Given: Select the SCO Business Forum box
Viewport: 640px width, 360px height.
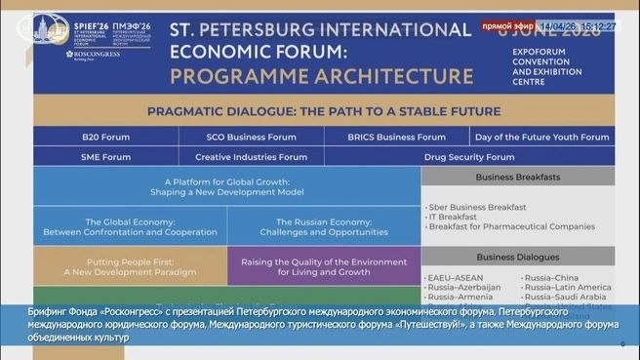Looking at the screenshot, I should click(x=252, y=137).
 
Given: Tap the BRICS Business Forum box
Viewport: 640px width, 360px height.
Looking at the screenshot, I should click(x=396, y=137).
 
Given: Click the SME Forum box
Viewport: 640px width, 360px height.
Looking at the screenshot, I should click(x=106, y=156).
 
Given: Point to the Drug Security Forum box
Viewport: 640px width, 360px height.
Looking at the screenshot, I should click(x=468, y=156).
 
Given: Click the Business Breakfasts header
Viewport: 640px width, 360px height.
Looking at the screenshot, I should click(x=518, y=177).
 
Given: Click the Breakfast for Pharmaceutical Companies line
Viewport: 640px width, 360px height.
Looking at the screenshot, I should click(x=511, y=226).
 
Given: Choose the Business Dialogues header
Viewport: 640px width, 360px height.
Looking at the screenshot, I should click(x=518, y=257).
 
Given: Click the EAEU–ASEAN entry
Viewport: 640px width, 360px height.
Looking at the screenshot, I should click(x=455, y=278).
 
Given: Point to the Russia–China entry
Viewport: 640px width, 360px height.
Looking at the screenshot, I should click(x=551, y=278).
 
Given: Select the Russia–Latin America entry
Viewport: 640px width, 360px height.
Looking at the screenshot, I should click(x=568, y=288).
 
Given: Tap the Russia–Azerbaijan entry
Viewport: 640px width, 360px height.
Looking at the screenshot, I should click(x=464, y=288).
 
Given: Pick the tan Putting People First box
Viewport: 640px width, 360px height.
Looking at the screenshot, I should click(x=129, y=264).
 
